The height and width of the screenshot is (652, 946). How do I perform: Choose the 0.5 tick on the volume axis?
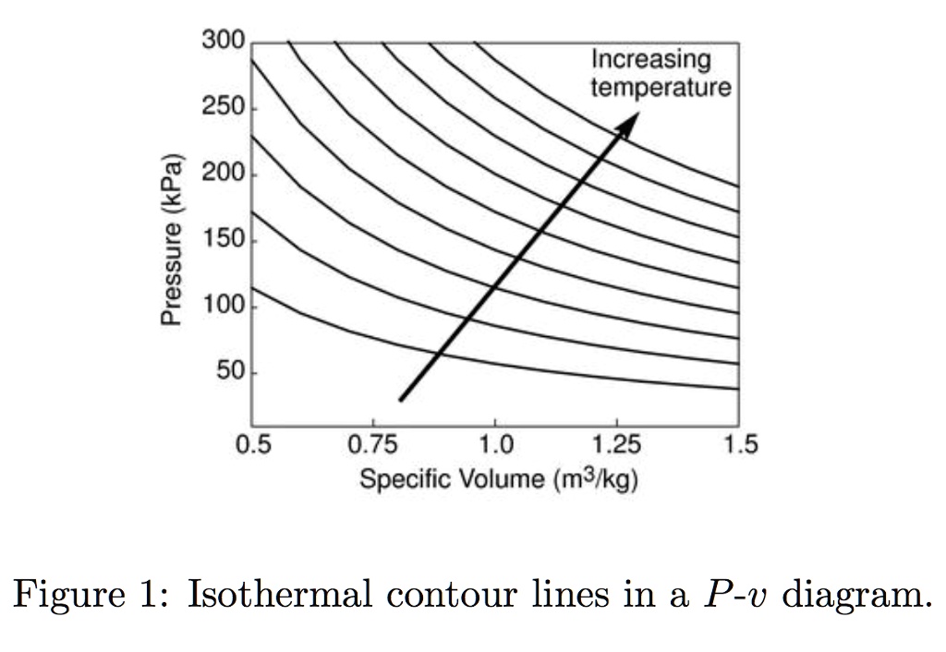[x=253, y=446]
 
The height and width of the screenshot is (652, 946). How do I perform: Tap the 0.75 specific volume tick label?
[x=374, y=446]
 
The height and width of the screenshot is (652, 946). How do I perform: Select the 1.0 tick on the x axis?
[x=496, y=446]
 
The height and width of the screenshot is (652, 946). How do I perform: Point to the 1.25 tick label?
[x=616, y=446]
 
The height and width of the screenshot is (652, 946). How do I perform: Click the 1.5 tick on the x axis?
[x=740, y=446]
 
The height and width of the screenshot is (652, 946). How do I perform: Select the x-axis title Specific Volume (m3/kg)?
[x=499, y=480]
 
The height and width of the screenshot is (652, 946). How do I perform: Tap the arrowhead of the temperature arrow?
[x=631, y=121]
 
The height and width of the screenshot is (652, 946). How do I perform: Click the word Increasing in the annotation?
[x=650, y=60]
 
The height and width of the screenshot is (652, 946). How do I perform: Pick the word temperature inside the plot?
[x=661, y=88]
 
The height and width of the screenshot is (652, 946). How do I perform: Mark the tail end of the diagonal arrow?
[x=400, y=400]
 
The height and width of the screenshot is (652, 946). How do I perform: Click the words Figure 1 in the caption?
[x=85, y=594]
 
